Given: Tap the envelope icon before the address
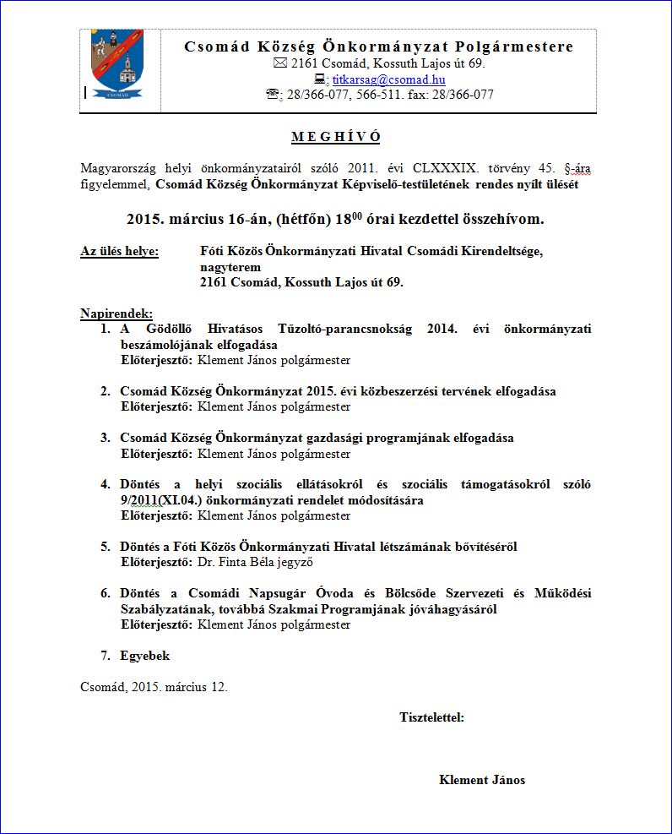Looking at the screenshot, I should click(x=281, y=64).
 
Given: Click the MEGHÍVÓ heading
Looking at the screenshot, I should click(x=336, y=137).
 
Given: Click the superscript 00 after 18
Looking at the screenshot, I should click(x=356, y=215).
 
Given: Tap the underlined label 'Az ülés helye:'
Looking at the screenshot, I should click(x=119, y=251).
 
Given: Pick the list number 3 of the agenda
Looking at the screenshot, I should click(x=106, y=438).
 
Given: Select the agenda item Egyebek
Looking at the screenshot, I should click(x=144, y=656).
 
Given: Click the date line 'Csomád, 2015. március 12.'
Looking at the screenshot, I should click(x=154, y=687).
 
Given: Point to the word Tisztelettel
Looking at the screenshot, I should click(x=431, y=718).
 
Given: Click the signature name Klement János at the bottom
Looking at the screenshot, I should click(x=482, y=780).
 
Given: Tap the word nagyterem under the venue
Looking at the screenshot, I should click(x=230, y=266).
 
